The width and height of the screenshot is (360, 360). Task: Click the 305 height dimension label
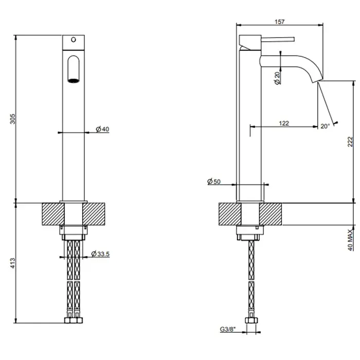[13, 119]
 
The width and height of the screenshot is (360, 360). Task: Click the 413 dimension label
[13, 263]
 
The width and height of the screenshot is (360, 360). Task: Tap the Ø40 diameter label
[102, 129]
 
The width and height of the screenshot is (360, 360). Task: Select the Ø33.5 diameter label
[100, 254]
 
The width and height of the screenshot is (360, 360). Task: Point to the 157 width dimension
[279, 22]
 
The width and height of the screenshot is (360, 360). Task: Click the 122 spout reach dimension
[284, 123]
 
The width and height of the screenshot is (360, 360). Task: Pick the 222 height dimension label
[350, 141]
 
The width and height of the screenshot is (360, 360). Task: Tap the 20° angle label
[325, 126]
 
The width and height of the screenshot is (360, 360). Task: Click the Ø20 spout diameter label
[277, 78]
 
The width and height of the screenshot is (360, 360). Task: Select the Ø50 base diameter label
[214, 182]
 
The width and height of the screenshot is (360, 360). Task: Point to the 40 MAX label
[350, 240]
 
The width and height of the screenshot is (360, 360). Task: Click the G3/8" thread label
[228, 329]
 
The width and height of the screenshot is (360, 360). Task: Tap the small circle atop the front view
[74, 40]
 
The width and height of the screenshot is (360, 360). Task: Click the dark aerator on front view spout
[74, 81]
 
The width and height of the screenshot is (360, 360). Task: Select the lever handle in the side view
[278, 39]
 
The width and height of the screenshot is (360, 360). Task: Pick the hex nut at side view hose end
[251, 320]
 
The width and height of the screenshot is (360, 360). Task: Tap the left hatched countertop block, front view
[53, 214]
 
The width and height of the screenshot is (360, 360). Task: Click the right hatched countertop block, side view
[271, 214]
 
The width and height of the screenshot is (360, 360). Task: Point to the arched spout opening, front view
[74, 69]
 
